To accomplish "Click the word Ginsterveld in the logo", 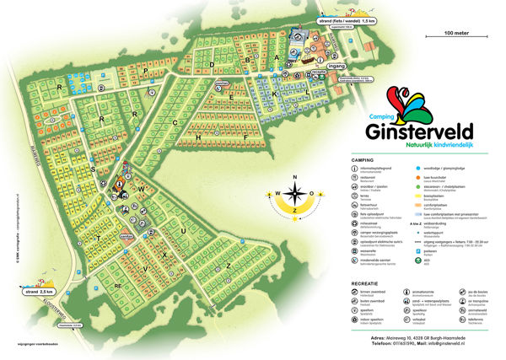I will pyautogui.click(x=419, y=132).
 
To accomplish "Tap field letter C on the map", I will pyautogui.click(x=175, y=123).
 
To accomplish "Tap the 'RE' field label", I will pyautogui.click(x=118, y=286).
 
